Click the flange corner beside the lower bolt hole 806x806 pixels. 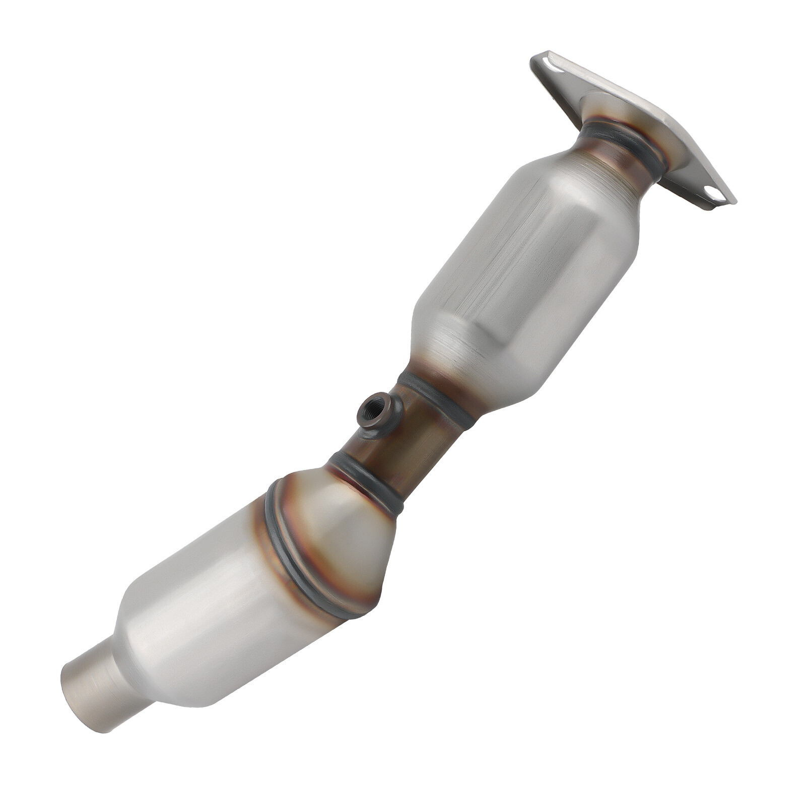(730, 199)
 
